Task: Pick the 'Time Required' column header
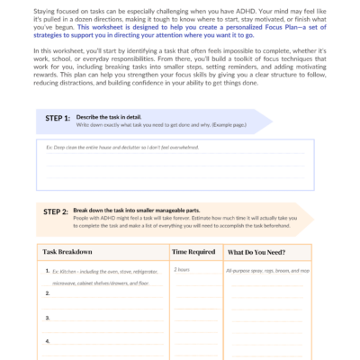coord(193,252)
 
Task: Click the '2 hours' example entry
coord(182,270)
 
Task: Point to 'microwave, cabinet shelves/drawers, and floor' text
coord(99,282)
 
